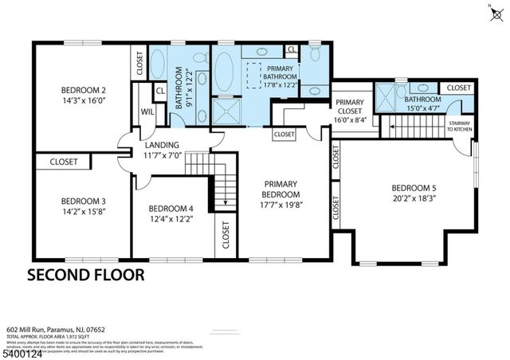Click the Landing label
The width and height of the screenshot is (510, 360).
coord(162,145)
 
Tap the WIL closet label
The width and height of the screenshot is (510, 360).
coord(147,112)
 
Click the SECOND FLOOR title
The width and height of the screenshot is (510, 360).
coord(86,276)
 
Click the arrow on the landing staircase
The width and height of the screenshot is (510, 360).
coord(226,201)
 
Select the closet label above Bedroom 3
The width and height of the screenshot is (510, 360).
coord(64,162)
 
